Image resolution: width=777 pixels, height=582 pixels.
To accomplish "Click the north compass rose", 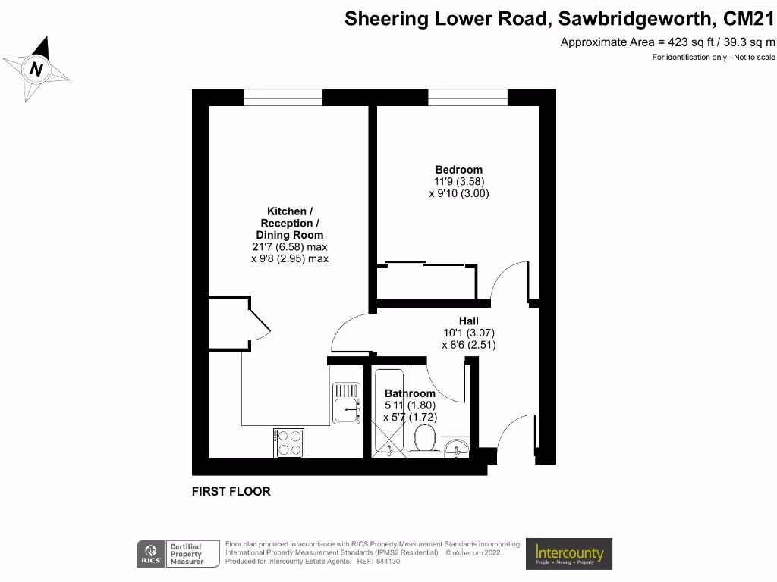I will coord(36,70).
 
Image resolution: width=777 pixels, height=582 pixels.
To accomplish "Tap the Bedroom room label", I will coord(458,169).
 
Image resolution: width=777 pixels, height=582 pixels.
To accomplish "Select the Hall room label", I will coord(468,321).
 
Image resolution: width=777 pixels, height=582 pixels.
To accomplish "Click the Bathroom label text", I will coord(410,393).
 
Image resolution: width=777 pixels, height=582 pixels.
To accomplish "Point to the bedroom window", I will coord(467,97).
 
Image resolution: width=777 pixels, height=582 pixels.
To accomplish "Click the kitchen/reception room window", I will coord(282,97).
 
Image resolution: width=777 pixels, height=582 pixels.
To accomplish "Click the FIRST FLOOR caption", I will coord(231,492).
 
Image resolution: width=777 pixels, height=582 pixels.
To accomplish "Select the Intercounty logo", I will coord(569,554).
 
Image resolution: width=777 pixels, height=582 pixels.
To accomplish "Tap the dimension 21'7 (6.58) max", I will coord(289,247).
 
